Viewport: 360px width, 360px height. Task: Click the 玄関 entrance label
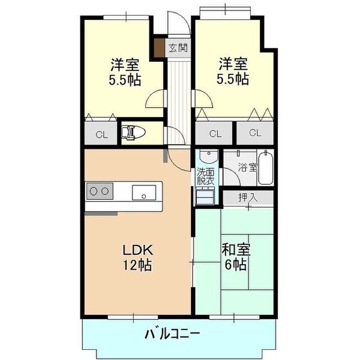176,48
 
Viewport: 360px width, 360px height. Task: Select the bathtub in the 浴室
268,168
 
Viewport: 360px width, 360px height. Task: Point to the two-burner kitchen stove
100,192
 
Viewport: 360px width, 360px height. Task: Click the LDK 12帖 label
139,257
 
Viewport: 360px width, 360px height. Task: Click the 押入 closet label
247,197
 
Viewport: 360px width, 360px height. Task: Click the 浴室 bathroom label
248,167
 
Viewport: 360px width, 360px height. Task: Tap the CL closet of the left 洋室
101,134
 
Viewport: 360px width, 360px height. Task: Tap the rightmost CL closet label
255,133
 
